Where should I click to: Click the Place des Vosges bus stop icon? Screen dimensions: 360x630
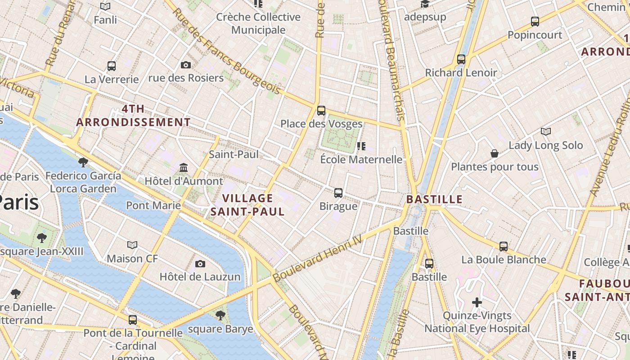coord(321,110)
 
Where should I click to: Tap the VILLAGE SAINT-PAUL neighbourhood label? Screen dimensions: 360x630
coord(248,205)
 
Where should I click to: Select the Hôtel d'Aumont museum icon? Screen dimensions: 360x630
coord(184,168)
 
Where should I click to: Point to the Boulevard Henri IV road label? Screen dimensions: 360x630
coord(317,259)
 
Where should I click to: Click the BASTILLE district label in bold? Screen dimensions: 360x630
coord(434,199)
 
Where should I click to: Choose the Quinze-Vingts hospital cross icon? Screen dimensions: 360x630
coord(477,302)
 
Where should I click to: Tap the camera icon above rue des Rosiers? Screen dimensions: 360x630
coord(185,65)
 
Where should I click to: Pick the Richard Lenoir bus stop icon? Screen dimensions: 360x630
coord(461,59)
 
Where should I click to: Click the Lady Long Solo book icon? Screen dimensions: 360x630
coord(545,132)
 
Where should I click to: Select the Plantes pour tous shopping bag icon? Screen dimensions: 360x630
coord(494,153)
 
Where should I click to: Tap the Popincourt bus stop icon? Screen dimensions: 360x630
coord(535,21)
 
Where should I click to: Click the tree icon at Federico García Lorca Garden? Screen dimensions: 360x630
coord(83,162)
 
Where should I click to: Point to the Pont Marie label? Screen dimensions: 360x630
coord(153,206)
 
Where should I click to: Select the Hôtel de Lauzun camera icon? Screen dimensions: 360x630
coord(200,264)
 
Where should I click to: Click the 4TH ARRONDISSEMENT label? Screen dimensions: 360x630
coord(133,116)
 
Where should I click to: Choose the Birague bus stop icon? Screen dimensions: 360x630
coord(338,193)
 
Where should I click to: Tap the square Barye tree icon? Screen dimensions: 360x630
coord(220,315)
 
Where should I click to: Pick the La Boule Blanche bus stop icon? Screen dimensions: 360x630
coord(503,246)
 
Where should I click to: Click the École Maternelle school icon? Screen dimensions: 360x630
coord(361,146)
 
